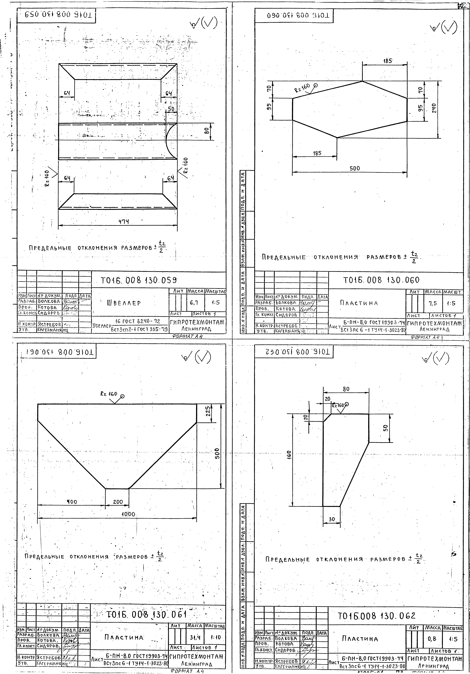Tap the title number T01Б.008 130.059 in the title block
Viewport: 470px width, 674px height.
[139, 281]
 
